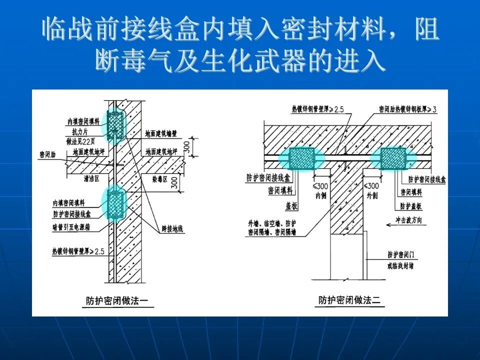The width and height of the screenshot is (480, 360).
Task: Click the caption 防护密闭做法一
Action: point(116,301)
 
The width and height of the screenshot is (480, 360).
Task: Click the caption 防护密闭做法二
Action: point(349,300)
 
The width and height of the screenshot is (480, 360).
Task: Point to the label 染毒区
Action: point(157,177)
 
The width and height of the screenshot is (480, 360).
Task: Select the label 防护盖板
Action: point(410,206)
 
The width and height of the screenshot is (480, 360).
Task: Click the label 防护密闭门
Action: point(400,255)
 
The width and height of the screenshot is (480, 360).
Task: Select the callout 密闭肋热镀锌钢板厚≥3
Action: point(407,108)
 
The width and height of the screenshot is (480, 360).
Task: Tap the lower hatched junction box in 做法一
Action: point(116,202)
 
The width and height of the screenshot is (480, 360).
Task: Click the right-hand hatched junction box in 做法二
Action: point(392,158)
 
